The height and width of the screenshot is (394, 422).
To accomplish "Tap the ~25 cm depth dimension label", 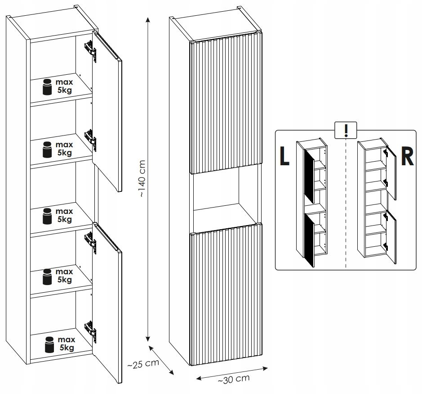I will (x=143, y=363).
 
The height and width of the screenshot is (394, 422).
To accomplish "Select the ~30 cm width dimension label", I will (x=233, y=379).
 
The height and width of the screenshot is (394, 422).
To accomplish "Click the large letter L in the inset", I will (x=284, y=156).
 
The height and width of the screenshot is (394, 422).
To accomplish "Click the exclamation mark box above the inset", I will (x=346, y=130).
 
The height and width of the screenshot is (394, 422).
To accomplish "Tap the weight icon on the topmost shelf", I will (x=47, y=87).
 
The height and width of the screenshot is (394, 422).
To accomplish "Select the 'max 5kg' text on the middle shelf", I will (x=64, y=215).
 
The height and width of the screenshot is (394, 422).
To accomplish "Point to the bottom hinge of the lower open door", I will (x=91, y=330).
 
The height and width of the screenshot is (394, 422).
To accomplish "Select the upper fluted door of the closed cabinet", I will (x=226, y=105).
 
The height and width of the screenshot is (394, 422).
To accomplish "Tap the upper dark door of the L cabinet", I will (x=309, y=176).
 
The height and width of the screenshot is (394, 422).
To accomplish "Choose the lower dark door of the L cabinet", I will (x=309, y=239).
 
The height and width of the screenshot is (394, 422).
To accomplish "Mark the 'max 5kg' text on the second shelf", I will (x=64, y=149).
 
